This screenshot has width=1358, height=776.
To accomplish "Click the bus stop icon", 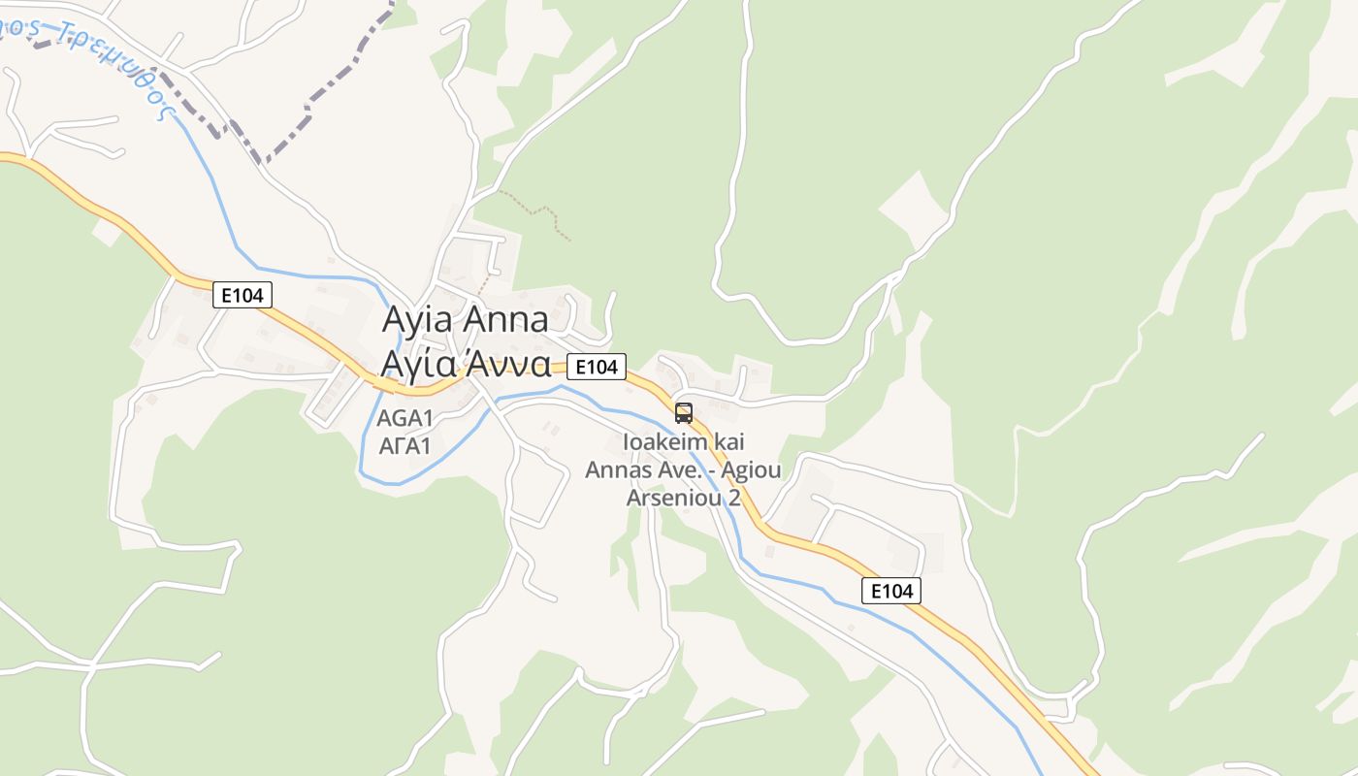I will point(684,413).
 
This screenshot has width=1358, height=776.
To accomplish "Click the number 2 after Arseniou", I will point(734,498).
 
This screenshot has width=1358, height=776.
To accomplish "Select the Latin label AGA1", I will point(404,419).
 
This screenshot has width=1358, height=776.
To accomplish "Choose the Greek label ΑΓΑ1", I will point(404,446).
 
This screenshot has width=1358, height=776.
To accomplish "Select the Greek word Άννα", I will point(508,364).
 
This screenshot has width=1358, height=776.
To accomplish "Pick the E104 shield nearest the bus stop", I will point(597,367).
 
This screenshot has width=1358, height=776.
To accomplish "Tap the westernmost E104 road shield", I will point(242,295).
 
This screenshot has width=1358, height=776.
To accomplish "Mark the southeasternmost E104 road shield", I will point(891,591).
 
